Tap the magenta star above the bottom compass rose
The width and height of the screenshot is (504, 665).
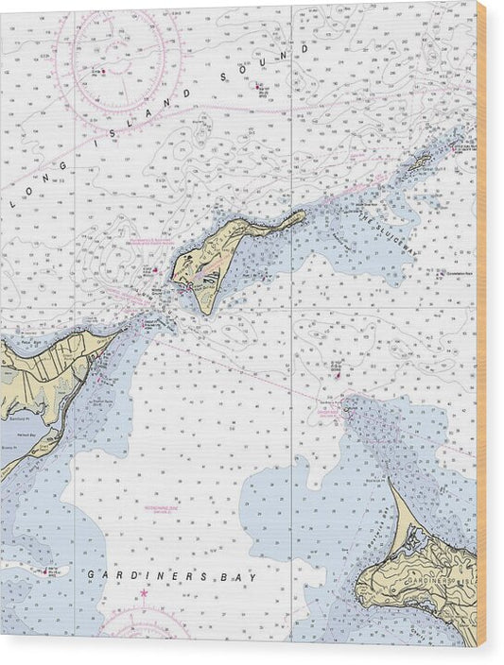point(144,593)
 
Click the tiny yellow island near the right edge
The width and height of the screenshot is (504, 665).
point(417,163)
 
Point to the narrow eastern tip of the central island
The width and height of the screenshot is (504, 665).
point(302,215)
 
